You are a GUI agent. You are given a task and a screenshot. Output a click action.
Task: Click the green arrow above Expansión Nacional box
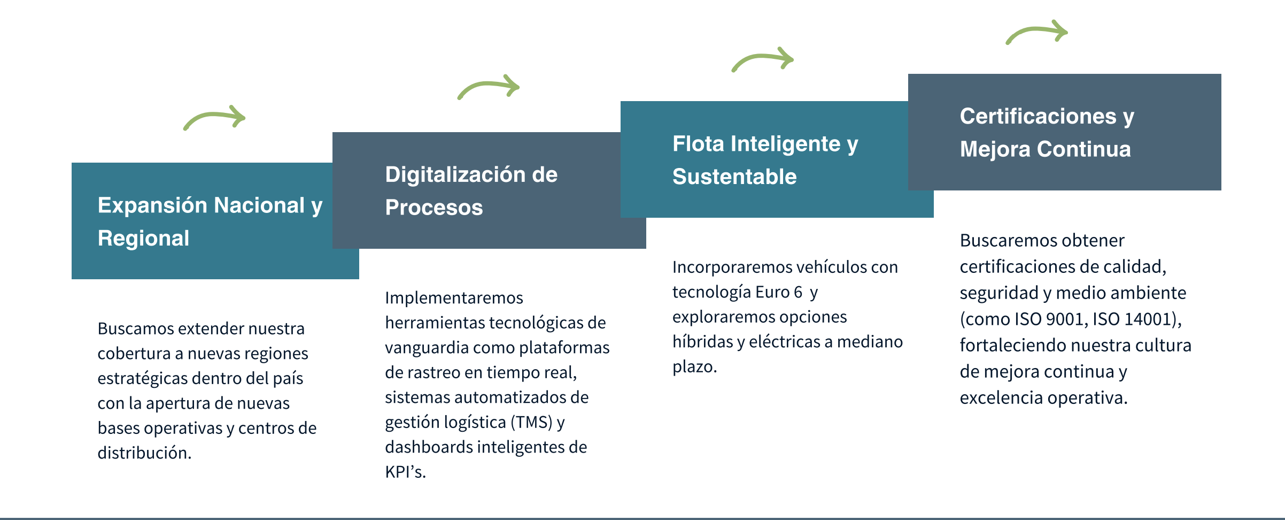point(213,114)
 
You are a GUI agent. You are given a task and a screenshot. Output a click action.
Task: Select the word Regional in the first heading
point(143,238)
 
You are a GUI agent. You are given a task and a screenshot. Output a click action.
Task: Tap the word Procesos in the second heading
point(434,207)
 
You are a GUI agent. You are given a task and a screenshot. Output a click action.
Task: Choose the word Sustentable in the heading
point(734,177)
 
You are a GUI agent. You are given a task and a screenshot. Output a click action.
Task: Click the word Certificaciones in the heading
point(1038,116)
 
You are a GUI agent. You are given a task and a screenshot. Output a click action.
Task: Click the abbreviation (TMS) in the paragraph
point(531,422)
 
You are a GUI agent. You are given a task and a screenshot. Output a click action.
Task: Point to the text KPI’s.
point(405,472)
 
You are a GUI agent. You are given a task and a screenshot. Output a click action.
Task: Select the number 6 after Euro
point(798,292)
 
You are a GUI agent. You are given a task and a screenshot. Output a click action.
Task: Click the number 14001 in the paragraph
point(1148,319)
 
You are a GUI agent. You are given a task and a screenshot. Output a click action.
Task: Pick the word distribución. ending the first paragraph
point(144,453)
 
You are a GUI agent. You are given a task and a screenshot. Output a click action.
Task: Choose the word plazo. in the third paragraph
point(694,367)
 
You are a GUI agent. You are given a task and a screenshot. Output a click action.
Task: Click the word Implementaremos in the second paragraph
point(454,298)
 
